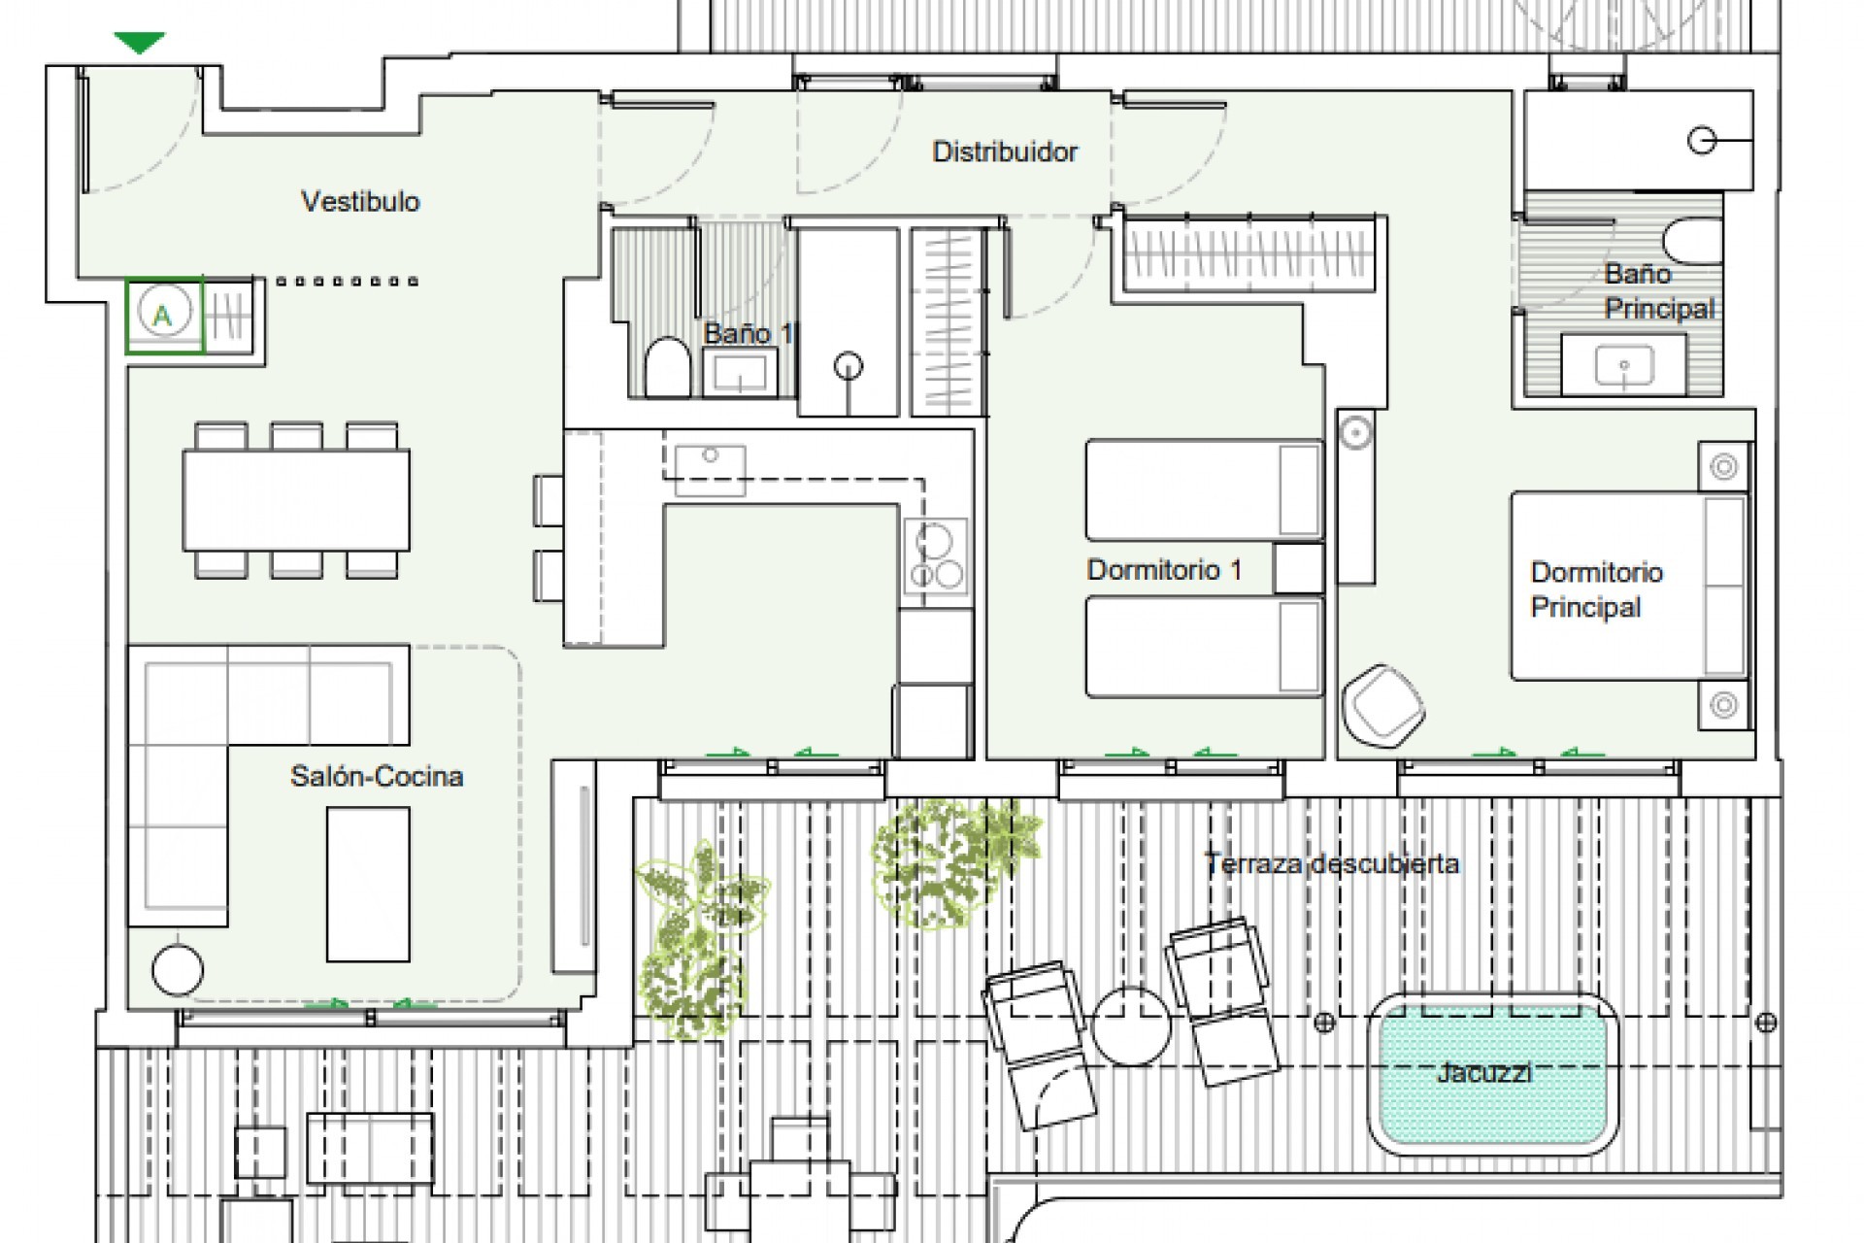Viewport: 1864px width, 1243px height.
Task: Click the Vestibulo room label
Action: click(360, 202)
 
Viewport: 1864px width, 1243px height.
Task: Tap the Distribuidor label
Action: click(1004, 151)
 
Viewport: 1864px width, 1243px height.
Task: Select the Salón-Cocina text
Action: click(377, 776)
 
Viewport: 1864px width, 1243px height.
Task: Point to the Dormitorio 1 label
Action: click(1163, 570)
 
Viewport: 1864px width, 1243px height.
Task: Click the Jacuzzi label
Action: click(1484, 1073)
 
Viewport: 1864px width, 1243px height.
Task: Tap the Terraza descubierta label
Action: click(1332, 863)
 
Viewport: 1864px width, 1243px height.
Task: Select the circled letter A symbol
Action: click(163, 314)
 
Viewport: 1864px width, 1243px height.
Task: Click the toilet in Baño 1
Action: click(667, 367)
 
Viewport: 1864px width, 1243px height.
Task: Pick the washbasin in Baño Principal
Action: click(1624, 366)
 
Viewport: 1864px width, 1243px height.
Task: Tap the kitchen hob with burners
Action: click(935, 556)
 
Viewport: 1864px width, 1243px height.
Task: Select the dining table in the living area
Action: click(296, 499)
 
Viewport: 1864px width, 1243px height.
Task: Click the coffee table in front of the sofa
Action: click(368, 884)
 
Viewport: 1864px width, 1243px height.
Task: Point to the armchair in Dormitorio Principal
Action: click(1382, 706)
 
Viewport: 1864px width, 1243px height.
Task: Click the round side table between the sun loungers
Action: click(1131, 1025)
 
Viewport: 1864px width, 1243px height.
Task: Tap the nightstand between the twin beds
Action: click(1298, 568)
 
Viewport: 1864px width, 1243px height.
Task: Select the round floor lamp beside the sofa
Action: click(178, 969)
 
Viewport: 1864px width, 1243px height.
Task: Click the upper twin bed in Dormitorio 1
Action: click(1204, 489)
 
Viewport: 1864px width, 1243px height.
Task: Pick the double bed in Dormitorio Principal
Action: click(1628, 586)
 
